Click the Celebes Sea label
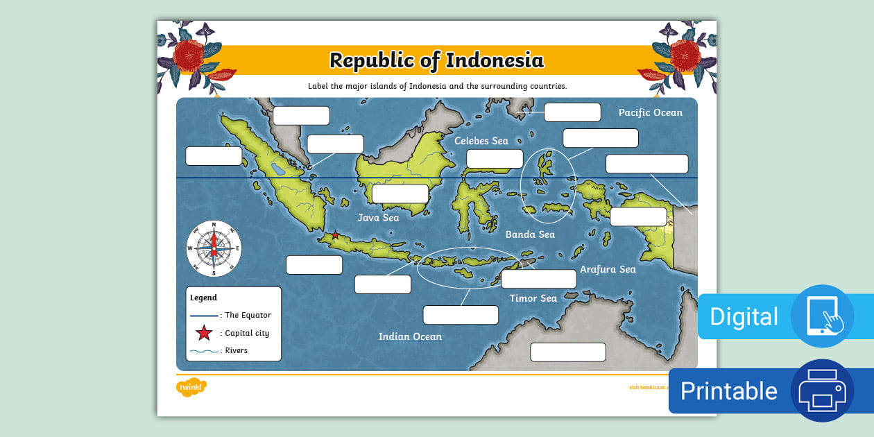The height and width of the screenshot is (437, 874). point(481,141)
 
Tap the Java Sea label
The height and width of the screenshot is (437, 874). point(378,218)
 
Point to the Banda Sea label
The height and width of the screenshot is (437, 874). point(530,234)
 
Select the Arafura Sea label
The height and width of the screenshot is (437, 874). point(608,269)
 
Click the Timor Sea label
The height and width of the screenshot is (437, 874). point(533,298)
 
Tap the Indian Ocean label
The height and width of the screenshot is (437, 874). point(410,336)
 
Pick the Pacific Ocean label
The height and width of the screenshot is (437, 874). point(650,112)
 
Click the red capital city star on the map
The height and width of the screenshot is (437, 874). point(336,235)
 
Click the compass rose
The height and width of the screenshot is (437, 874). point(214,248)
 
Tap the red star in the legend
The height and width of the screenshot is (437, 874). point(204,333)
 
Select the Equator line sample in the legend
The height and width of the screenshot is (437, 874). point(204,315)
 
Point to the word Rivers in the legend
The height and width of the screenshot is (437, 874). point(236,350)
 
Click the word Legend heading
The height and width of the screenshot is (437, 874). point(203,298)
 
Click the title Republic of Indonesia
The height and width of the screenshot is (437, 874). point(436,60)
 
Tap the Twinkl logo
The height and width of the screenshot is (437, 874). point(191,387)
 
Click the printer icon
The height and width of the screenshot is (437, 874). point(822,391)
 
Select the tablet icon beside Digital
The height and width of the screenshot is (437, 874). point(822,316)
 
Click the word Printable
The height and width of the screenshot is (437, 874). point(728,391)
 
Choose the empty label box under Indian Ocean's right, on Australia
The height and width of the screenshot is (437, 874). point(567,352)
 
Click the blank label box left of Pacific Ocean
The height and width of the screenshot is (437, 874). point(572,112)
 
